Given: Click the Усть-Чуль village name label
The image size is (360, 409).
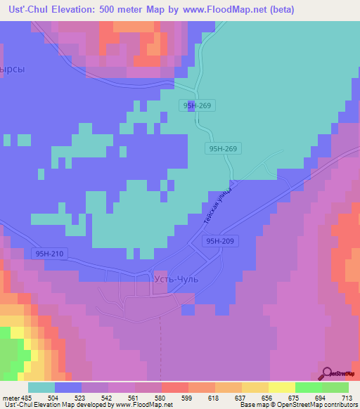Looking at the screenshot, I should pyautogui.click(x=176, y=278).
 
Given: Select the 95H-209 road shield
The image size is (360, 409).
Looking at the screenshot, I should pyautogui.click(x=220, y=241).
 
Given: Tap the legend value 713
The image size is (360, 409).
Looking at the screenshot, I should pyautogui.click(x=347, y=379).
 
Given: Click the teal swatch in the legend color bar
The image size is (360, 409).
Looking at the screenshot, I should pyautogui.click(x=41, y=388).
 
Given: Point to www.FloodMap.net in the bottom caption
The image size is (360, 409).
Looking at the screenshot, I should pyautogui.click(x=147, y=404).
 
